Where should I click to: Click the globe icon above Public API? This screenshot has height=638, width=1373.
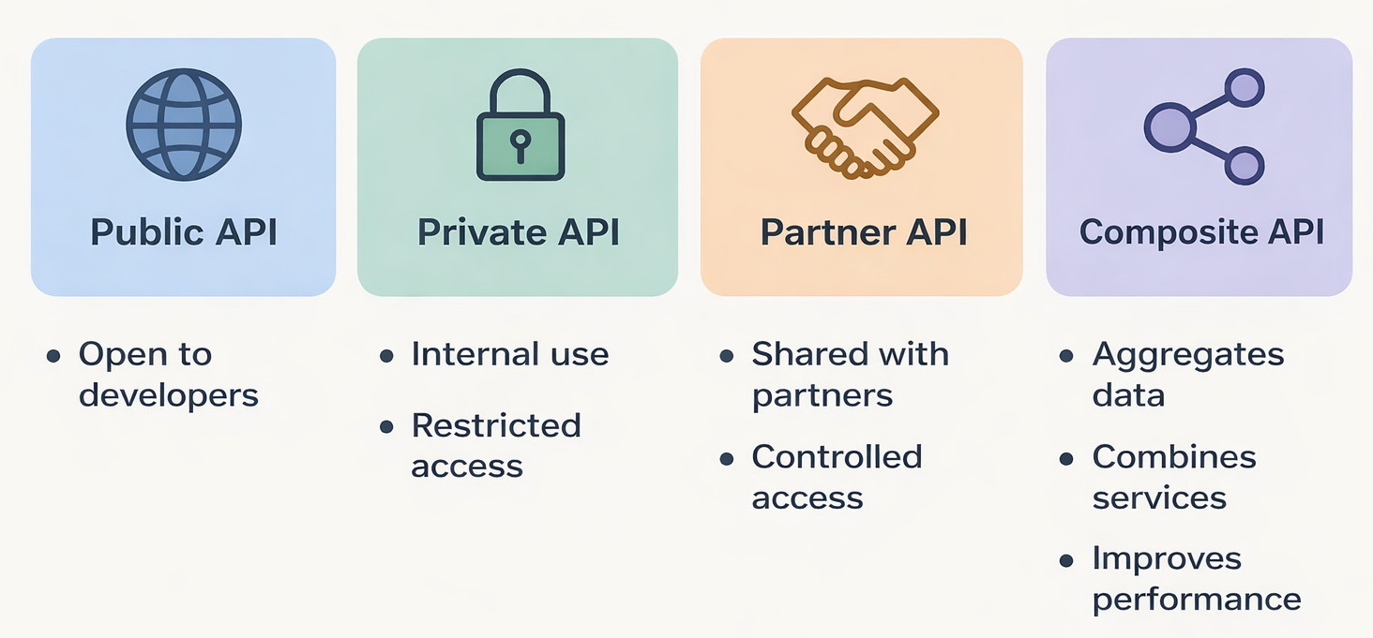[184, 123]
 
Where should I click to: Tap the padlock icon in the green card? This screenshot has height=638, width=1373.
[521, 126]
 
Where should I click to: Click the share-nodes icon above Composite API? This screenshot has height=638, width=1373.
[1204, 126]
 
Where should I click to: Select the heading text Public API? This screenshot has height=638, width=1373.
[184, 231]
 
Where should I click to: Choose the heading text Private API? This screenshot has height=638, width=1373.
[518, 231]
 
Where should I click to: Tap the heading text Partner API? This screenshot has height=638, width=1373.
[863, 231]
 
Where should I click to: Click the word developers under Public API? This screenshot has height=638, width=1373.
[169, 395]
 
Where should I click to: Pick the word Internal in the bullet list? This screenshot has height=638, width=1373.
[460, 354]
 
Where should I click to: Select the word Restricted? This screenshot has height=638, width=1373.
[496, 425]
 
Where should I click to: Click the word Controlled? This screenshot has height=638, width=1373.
[837, 456]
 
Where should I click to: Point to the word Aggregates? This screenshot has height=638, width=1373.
[1188, 355]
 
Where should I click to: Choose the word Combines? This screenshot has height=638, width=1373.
[1174, 456]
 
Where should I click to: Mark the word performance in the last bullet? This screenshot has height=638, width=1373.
[1197, 600]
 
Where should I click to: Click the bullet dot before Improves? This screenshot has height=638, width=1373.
[1066, 561]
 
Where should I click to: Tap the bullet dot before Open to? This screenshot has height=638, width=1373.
[53, 356]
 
